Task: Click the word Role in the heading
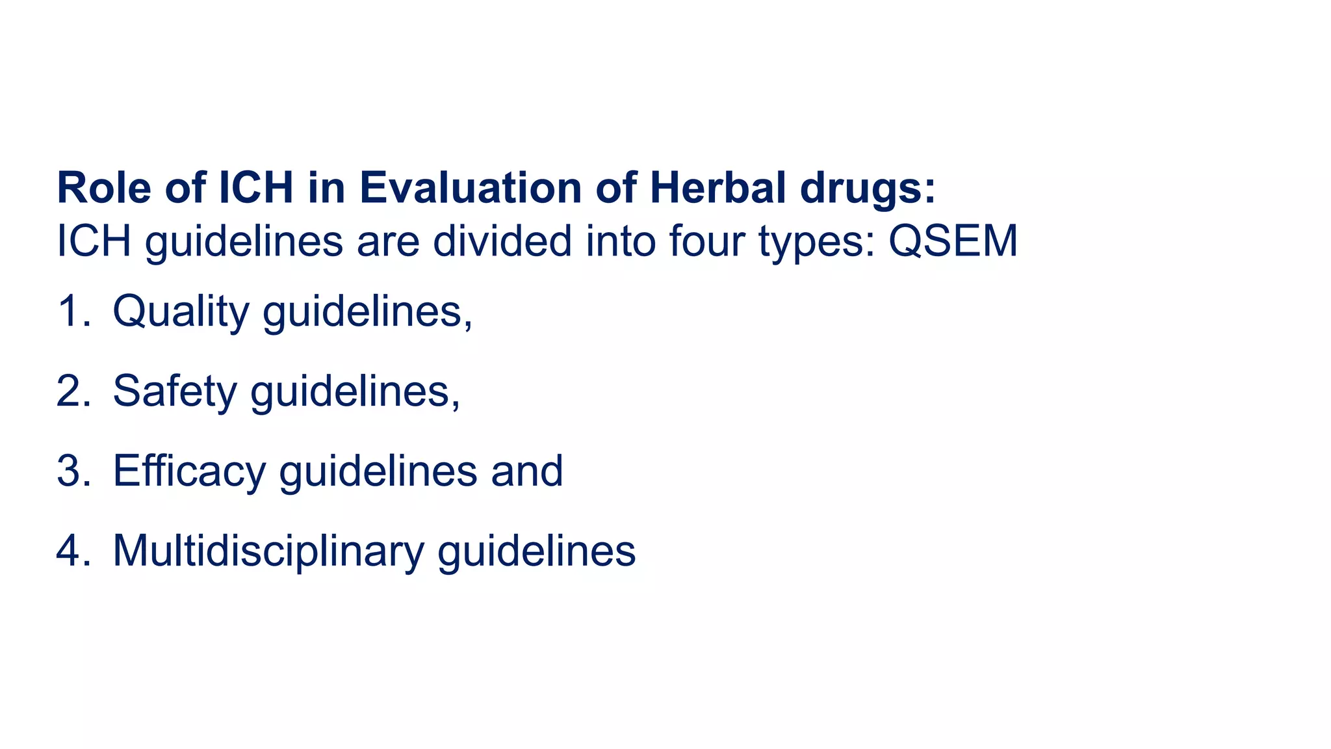(x=104, y=188)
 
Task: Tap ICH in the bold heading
(x=256, y=188)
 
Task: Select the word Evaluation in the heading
(x=471, y=188)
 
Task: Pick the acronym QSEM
(x=953, y=241)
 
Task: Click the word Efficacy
(x=189, y=472)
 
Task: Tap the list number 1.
(x=71, y=311)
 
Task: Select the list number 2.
(x=72, y=391)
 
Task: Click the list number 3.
(x=72, y=471)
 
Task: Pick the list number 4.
(x=72, y=551)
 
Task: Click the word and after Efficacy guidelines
(x=527, y=471)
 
